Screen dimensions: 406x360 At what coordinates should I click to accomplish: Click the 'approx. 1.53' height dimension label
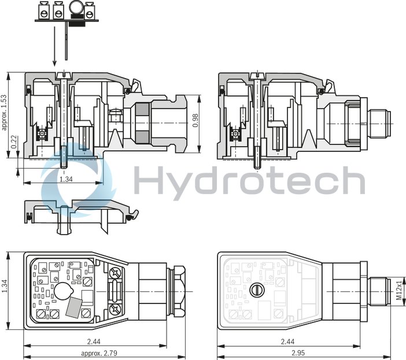click(x=4, y=112)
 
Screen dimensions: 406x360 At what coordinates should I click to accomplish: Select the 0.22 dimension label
click(x=14, y=142)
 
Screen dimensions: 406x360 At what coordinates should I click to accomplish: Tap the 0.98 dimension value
click(x=195, y=121)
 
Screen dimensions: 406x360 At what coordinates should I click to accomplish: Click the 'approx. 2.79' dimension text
click(x=99, y=353)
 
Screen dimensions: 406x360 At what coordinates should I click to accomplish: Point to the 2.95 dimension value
click(x=298, y=352)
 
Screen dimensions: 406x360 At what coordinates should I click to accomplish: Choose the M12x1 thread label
click(x=399, y=290)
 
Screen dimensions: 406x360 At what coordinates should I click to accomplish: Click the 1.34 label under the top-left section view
click(x=66, y=179)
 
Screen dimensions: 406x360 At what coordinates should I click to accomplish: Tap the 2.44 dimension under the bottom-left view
click(x=94, y=342)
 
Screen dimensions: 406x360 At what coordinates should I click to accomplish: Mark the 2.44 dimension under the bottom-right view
click(x=287, y=342)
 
